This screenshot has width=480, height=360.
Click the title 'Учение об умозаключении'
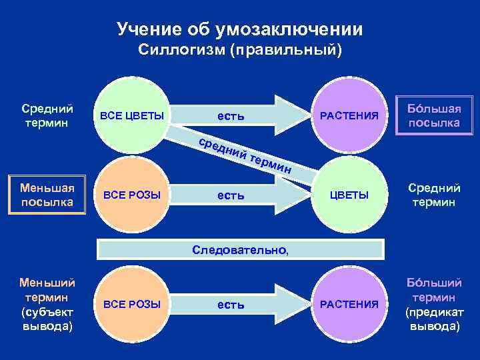(240, 29)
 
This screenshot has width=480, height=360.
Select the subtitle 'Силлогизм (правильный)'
(240, 51)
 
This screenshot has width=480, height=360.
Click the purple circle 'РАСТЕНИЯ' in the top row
(349, 115)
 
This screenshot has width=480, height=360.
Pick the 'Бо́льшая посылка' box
(435, 115)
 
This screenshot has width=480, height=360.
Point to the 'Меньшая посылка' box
(47, 195)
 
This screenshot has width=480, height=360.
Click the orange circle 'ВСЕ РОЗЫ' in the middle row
(131, 195)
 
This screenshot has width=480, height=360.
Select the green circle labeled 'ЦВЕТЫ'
(349, 195)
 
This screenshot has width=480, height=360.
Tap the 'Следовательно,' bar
(241, 250)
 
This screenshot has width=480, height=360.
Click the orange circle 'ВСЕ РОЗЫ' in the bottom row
(131, 304)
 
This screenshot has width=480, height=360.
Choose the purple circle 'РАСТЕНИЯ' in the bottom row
(349, 304)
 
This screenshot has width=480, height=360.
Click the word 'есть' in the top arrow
(230, 116)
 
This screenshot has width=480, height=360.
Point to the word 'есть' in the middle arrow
(230, 195)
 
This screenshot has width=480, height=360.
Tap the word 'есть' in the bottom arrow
(230, 305)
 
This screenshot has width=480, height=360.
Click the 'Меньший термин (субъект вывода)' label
(47, 304)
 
